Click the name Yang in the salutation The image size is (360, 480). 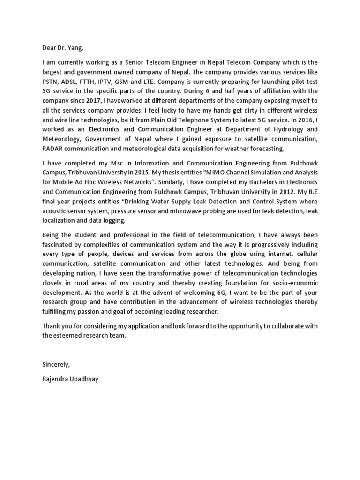[76, 47]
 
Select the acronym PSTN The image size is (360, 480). [51, 82]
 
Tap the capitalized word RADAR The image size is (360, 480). [53, 148]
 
